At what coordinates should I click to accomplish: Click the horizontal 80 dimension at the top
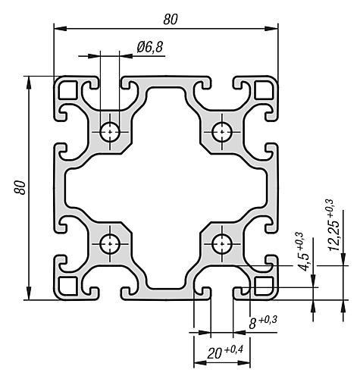171,20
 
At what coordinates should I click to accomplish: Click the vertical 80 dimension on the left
20,187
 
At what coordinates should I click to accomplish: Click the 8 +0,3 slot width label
263,322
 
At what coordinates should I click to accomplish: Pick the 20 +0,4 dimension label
225,352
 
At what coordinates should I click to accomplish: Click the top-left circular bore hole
110,132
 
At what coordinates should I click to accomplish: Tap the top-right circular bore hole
222,132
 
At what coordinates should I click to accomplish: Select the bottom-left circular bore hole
110,244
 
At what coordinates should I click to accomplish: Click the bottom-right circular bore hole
222,244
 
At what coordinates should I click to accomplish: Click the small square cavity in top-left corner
67,90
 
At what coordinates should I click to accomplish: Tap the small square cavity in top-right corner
265,90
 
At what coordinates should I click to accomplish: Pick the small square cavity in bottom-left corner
67,286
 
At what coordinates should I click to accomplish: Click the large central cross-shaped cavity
166,188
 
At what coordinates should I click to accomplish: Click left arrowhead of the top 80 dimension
61,28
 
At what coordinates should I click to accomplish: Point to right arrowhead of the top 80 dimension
271,28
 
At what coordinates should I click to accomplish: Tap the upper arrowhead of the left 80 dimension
29,83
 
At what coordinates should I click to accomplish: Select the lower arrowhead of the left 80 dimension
29,293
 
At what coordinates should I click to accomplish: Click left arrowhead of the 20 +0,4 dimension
200,363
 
